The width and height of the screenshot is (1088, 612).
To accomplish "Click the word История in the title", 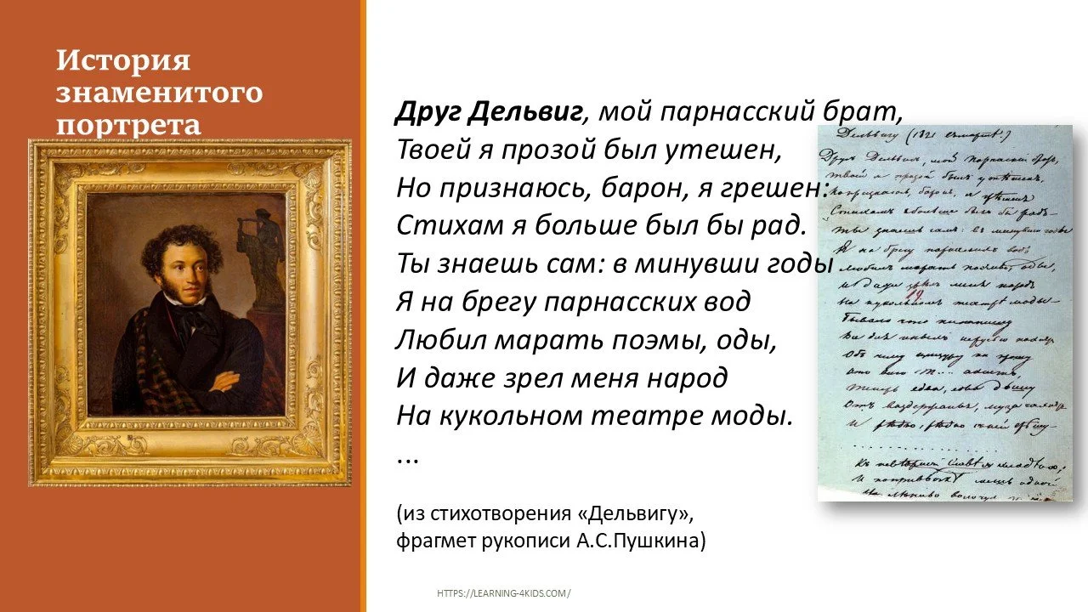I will [x=123, y=61].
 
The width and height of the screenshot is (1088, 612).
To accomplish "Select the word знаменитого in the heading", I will [x=159, y=92].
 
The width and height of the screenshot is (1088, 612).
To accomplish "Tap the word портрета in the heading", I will [x=128, y=124].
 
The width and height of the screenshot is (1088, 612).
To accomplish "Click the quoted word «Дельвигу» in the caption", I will [x=644, y=515].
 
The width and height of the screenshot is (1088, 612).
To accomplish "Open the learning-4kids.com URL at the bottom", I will [x=504, y=593].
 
